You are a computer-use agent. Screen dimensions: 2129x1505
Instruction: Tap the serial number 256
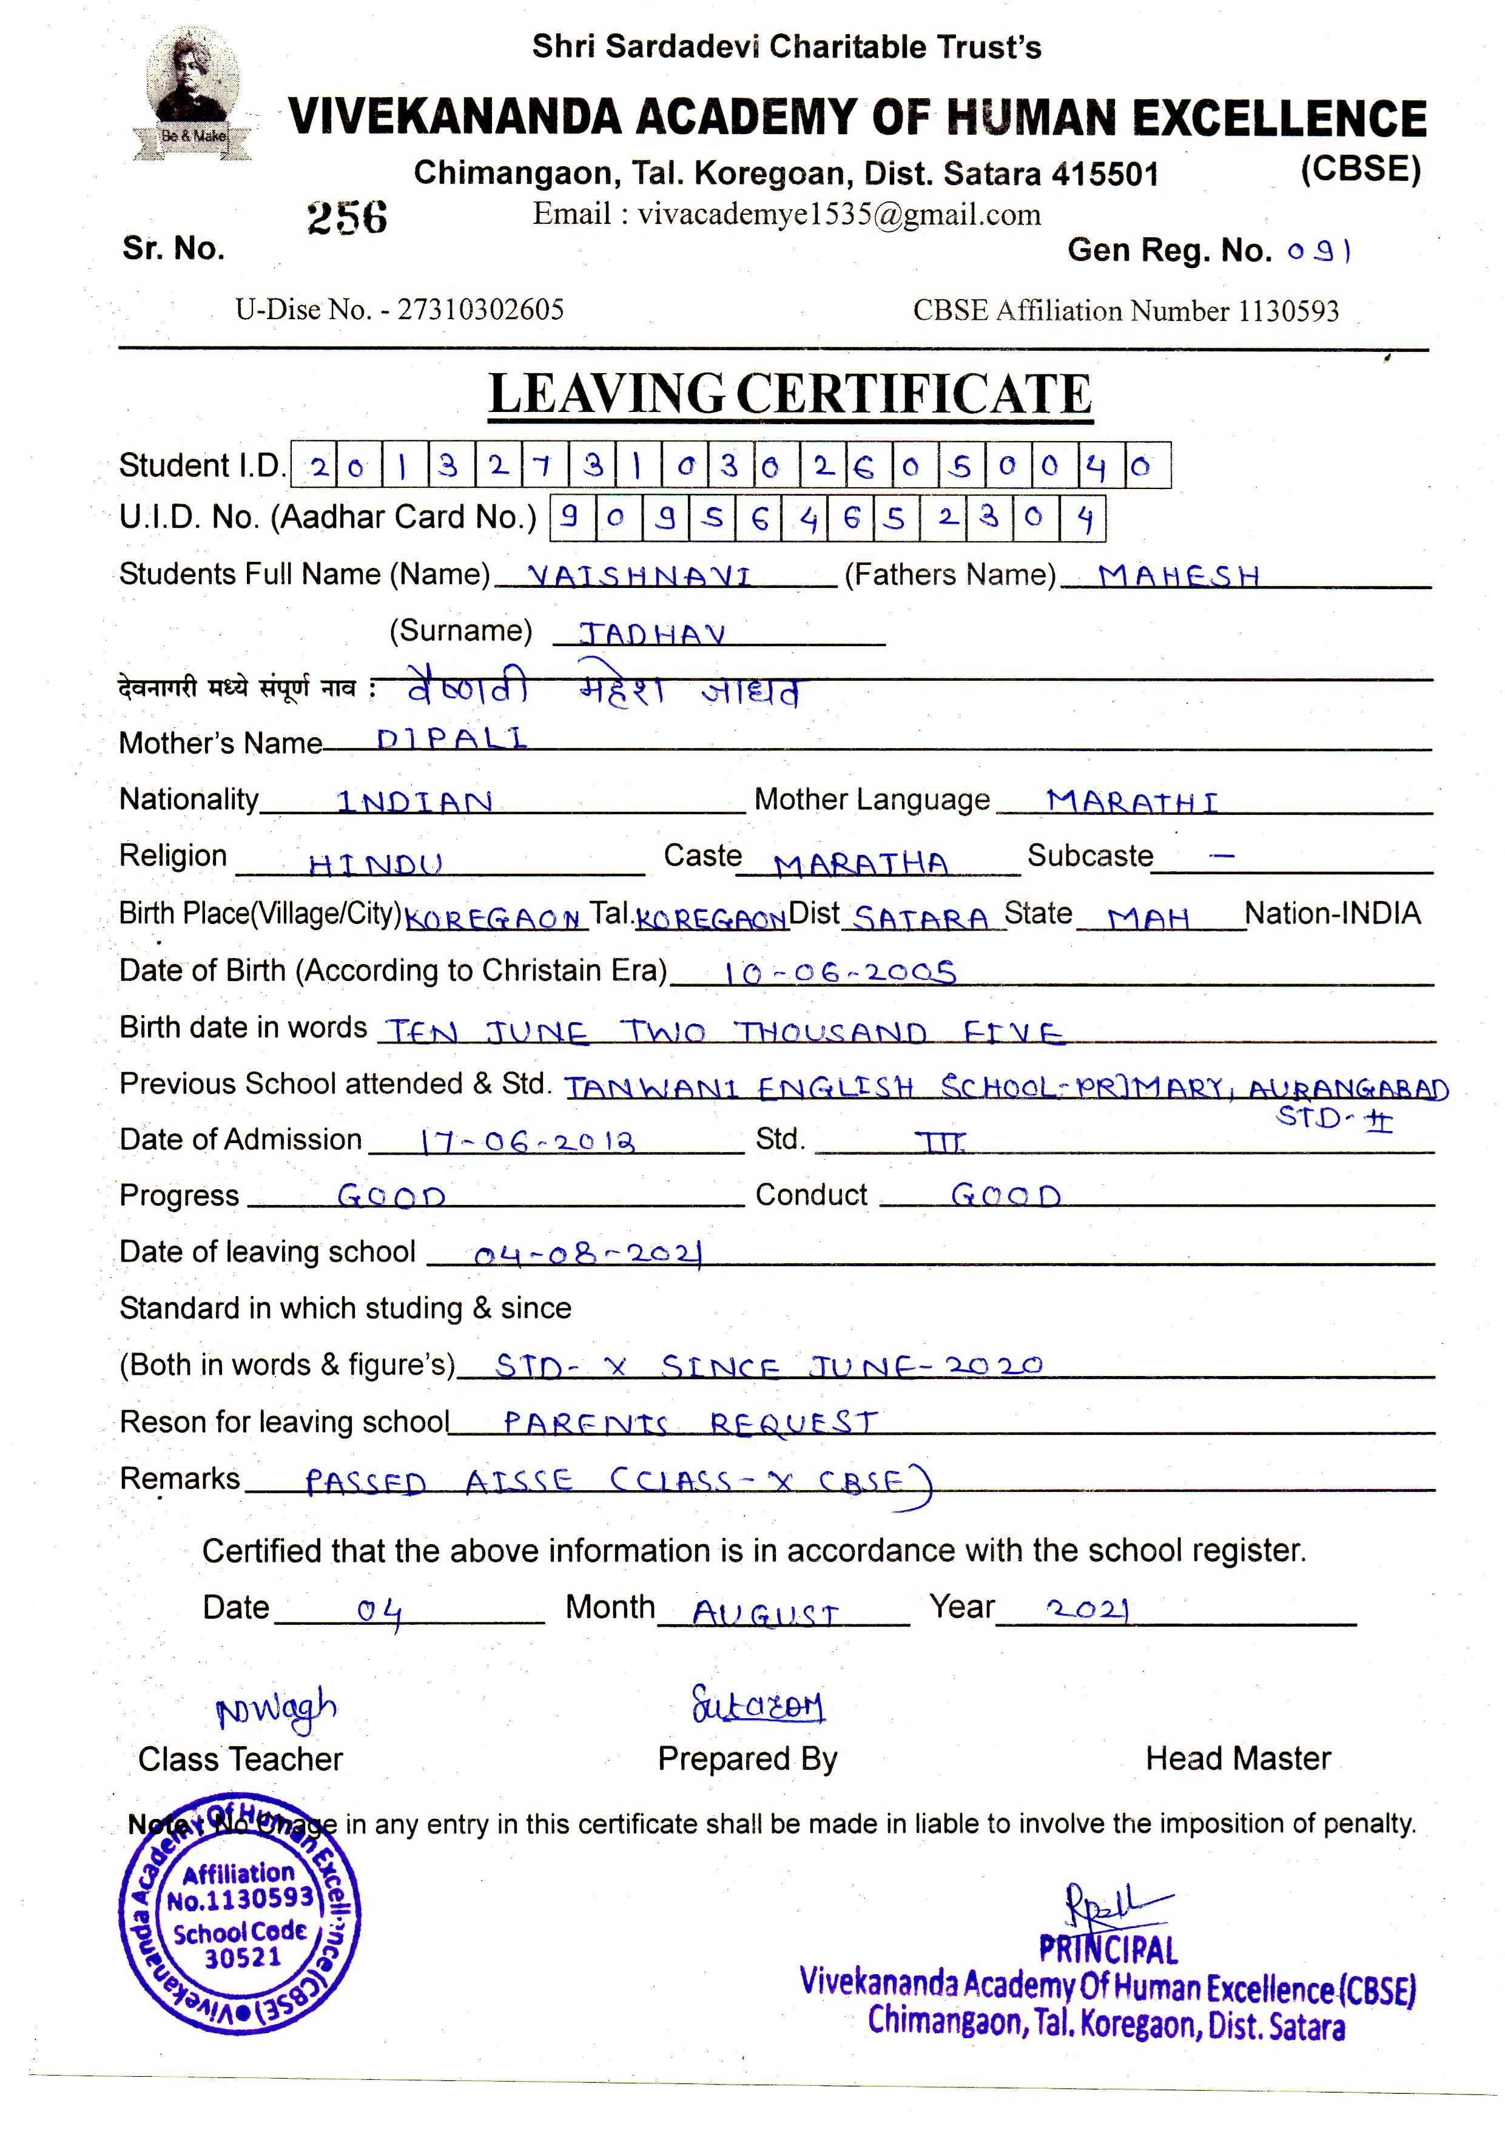pos(347,217)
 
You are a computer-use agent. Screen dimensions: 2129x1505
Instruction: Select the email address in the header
pos(786,214)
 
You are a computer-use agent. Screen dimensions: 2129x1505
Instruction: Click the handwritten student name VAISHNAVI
pos(639,576)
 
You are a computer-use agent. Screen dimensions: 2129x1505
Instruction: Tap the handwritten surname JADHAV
pos(652,633)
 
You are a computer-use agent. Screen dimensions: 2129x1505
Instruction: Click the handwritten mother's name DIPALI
pos(451,739)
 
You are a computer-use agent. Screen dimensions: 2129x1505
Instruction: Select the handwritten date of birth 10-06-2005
pos(839,972)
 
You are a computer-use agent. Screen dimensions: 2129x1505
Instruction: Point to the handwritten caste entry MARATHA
pos(861,864)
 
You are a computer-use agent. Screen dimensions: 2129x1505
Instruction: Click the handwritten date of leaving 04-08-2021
pos(588,1255)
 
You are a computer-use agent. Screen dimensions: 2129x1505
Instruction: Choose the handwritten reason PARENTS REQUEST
pos(690,1422)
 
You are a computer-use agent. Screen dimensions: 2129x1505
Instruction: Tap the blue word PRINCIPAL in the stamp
pos(1108,1950)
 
